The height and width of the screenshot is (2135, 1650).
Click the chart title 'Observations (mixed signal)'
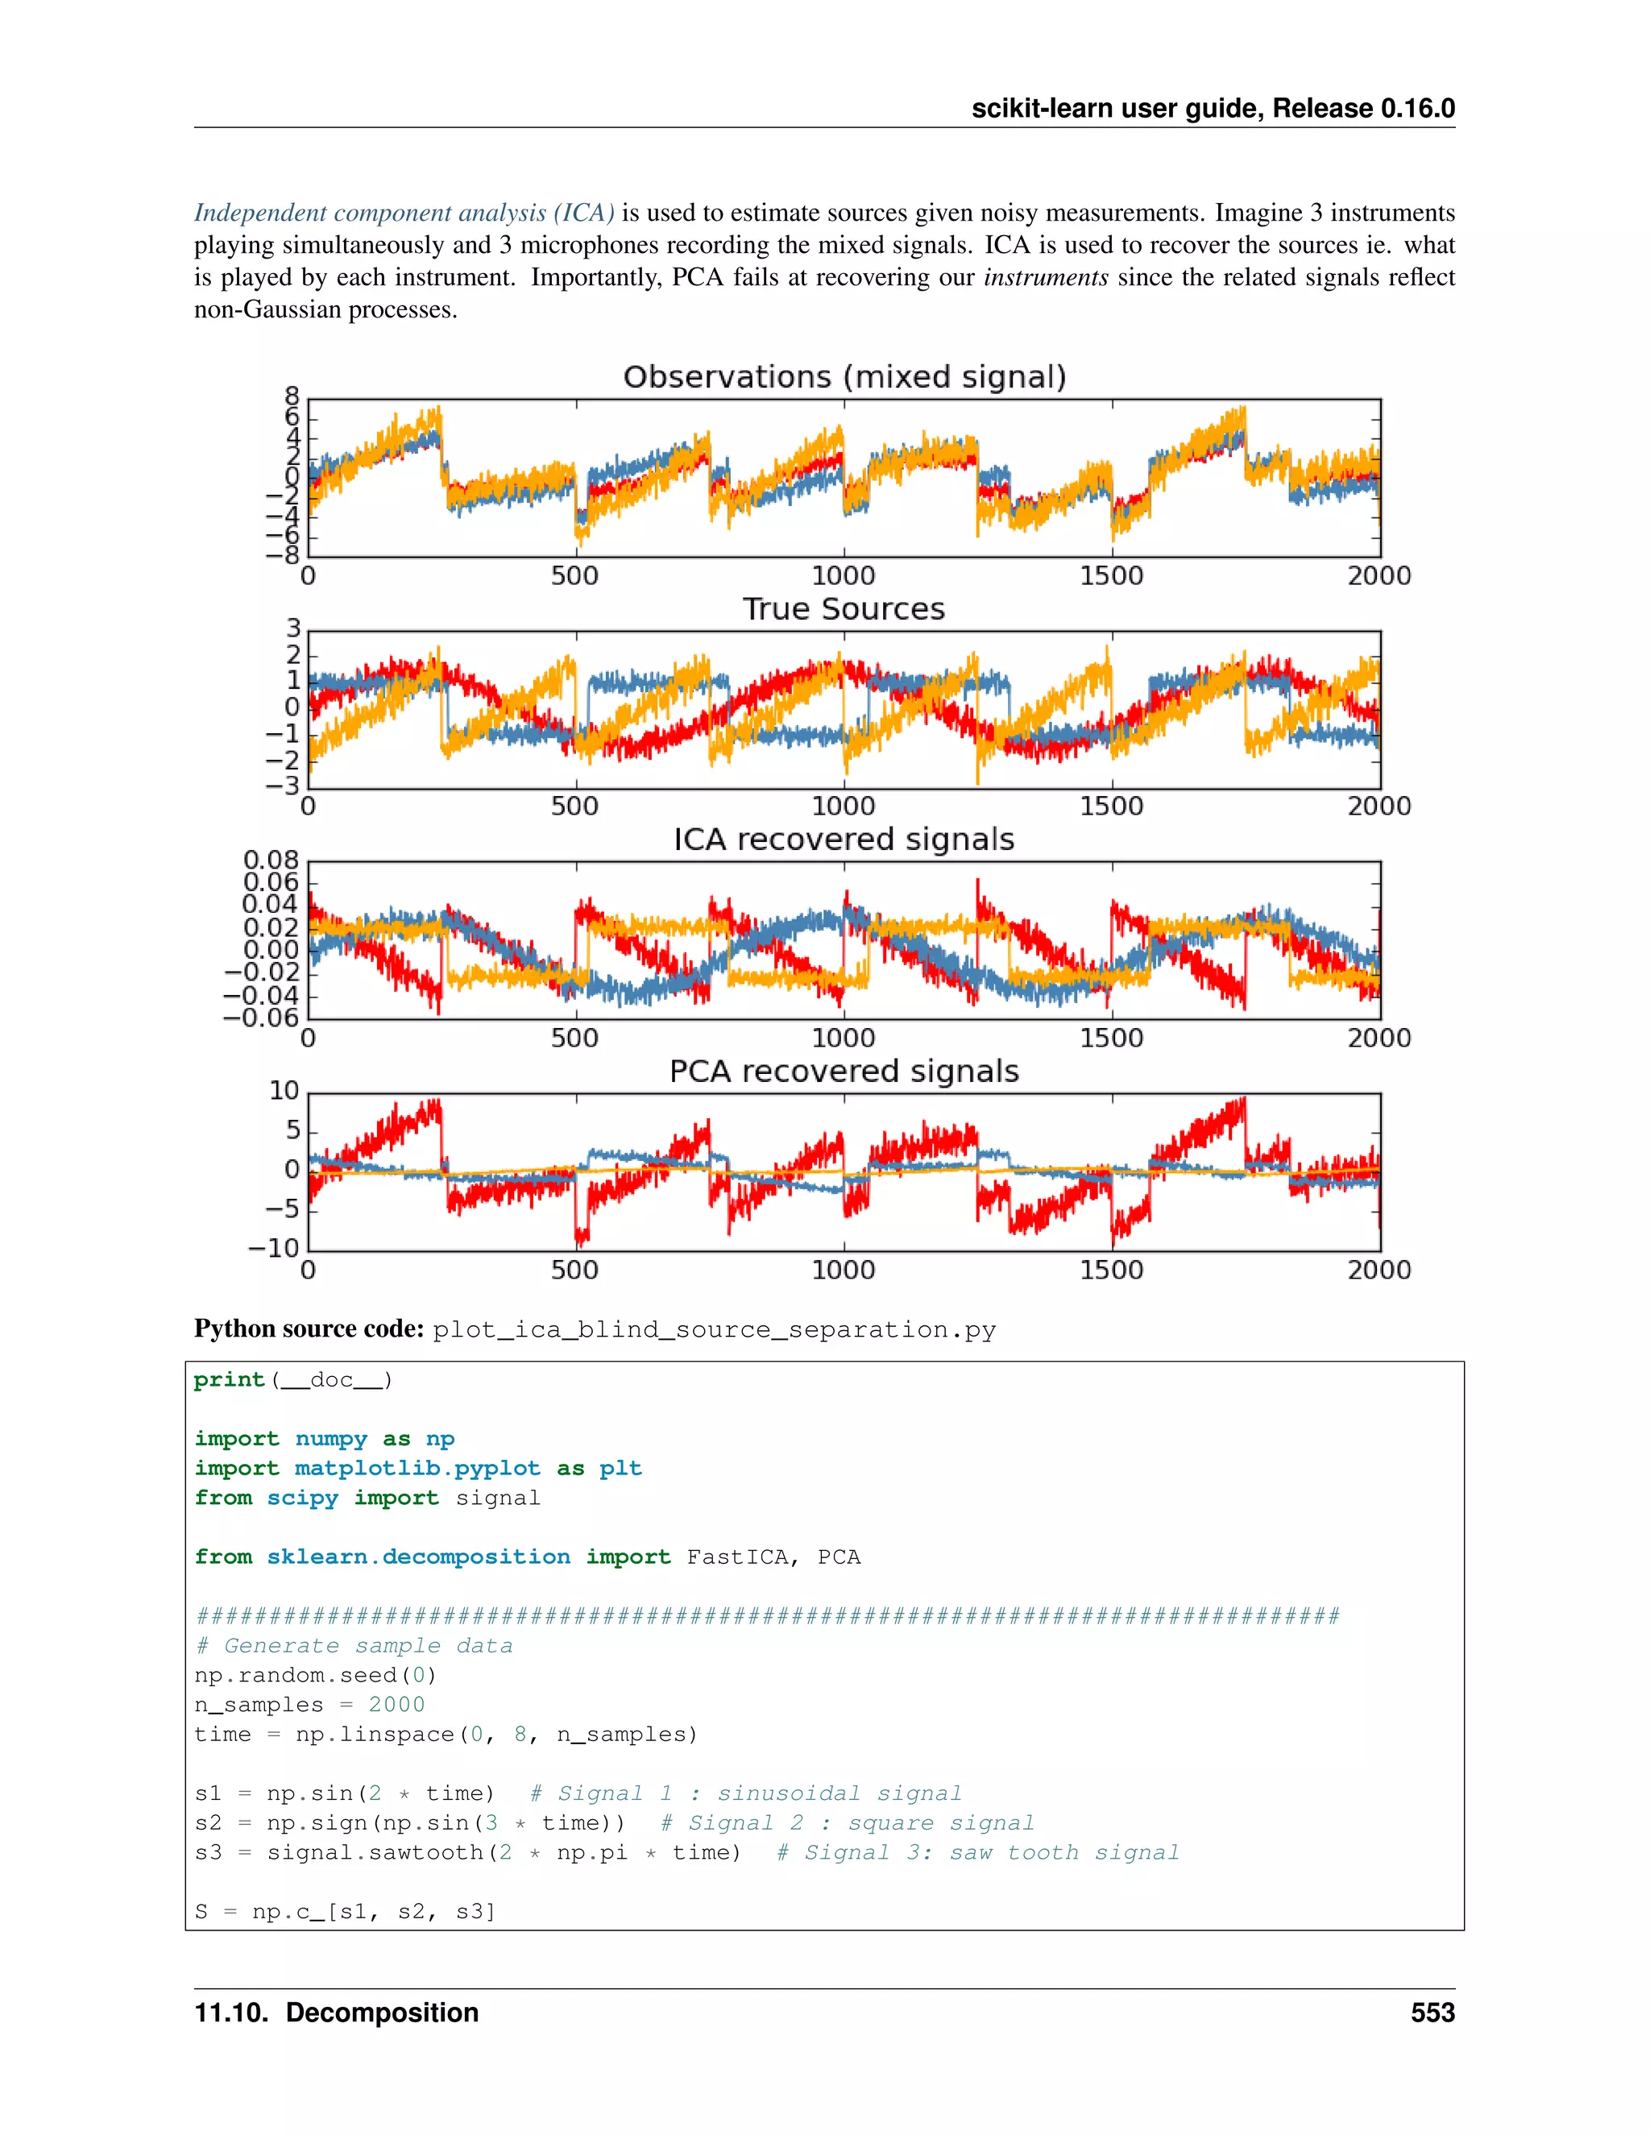(x=844, y=377)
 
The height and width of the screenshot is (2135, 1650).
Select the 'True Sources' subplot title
(x=844, y=609)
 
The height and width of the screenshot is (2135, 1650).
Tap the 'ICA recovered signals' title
(x=844, y=839)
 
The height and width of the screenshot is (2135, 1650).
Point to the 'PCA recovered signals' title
(x=844, y=1072)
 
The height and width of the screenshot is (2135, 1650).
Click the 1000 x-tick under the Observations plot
(x=844, y=576)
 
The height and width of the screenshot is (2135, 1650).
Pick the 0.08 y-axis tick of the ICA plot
(x=271, y=860)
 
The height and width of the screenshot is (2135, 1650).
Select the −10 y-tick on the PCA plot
(x=274, y=1248)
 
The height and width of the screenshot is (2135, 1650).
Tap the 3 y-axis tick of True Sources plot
(x=292, y=628)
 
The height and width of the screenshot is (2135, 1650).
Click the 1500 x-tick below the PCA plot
(x=1111, y=1270)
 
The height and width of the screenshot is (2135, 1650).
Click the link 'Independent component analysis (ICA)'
(x=404, y=213)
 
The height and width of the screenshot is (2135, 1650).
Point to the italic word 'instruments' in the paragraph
(x=1045, y=278)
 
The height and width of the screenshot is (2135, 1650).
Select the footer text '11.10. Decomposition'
(x=336, y=2013)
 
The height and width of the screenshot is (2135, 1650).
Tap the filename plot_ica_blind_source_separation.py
(x=715, y=1330)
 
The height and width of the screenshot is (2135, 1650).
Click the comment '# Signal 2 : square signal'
(x=847, y=1823)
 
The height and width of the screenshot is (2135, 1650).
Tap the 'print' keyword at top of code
(x=229, y=1380)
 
